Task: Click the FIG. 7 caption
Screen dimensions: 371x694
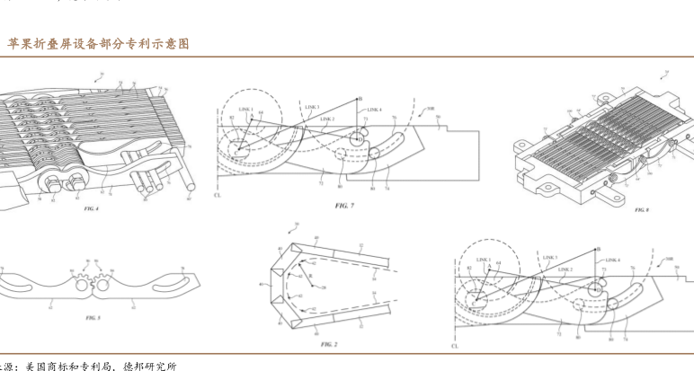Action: pyautogui.click(x=345, y=206)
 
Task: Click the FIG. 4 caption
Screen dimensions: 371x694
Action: pyautogui.click(x=90, y=208)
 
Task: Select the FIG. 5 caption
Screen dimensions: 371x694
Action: pyautogui.click(x=93, y=318)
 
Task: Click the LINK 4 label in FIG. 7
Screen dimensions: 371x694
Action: pyautogui.click(x=375, y=110)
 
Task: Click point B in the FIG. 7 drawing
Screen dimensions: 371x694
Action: pyautogui.click(x=360, y=99)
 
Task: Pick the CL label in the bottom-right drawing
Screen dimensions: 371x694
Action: pyautogui.click(x=456, y=345)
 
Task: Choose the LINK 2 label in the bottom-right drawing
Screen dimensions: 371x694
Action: pyautogui.click(x=565, y=269)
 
